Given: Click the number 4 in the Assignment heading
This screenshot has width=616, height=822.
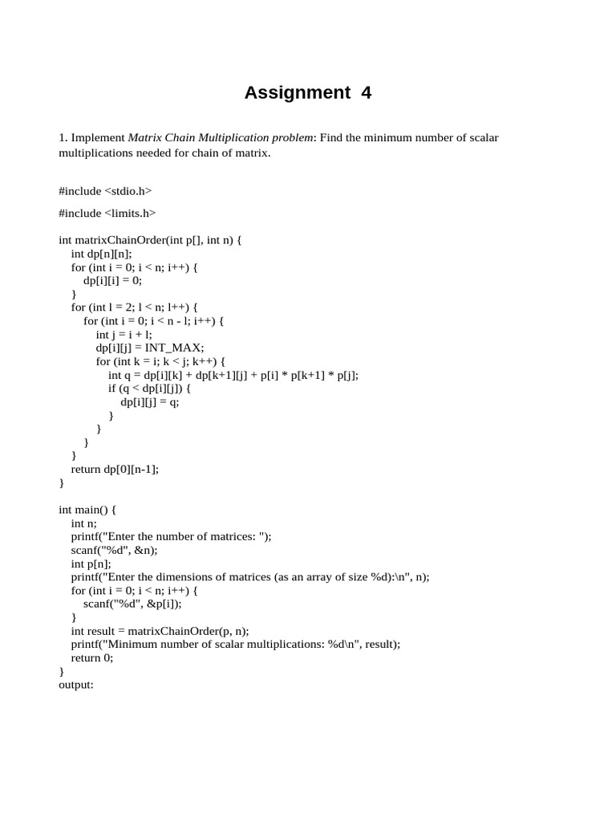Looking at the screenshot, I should click(x=366, y=93).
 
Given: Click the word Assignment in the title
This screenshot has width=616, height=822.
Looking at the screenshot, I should click(x=297, y=93).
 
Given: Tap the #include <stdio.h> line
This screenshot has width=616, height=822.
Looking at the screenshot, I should click(x=105, y=191).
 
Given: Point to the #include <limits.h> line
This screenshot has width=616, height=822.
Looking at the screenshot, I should click(x=107, y=213).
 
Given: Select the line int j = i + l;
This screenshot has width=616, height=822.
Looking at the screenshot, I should click(x=124, y=334).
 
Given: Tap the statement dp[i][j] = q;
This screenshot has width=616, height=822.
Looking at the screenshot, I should click(x=149, y=401).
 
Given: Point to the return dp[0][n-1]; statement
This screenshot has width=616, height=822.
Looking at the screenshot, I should click(x=115, y=469).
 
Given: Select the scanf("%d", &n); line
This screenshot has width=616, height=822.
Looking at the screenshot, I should click(x=114, y=550).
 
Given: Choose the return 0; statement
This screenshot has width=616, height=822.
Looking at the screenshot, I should click(x=92, y=657).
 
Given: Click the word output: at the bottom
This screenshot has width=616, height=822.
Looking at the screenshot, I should click(x=76, y=685).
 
